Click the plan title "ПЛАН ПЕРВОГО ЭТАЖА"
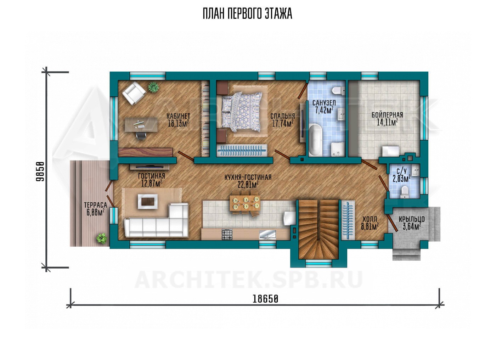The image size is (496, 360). click(x=247, y=14)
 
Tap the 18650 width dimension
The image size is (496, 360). click(x=265, y=299)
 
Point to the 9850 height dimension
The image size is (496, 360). click(x=40, y=171)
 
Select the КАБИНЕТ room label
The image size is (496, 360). click(x=178, y=116)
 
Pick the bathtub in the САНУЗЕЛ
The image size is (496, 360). click(x=315, y=140)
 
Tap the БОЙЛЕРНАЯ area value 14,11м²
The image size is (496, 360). click(x=387, y=123)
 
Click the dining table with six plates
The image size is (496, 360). click(x=245, y=203)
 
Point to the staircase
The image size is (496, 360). click(x=319, y=229)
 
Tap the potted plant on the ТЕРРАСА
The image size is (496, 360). click(x=102, y=238)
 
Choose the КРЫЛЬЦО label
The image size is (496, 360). click(x=412, y=219)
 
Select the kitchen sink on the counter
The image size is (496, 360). click(x=267, y=235)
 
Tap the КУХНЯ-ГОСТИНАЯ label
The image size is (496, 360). click(x=248, y=178)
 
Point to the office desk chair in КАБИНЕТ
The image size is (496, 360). click(x=141, y=135)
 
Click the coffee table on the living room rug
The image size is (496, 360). click(x=148, y=201)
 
